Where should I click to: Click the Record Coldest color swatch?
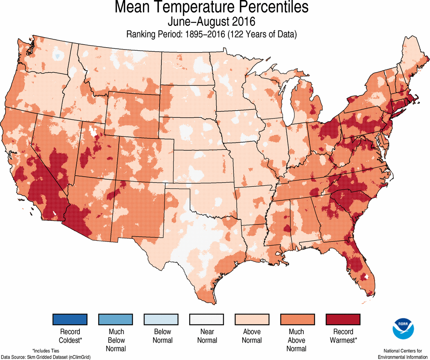[70, 319]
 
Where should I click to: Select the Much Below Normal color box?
[115, 319]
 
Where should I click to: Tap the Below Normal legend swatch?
[161, 319]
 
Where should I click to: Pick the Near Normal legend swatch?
[207, 319]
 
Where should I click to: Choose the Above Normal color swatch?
[252, 319]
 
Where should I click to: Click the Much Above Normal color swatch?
[298, 319]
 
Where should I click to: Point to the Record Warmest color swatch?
[343, 319]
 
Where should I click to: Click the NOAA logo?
[403, 329]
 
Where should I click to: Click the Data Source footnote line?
[46, 357]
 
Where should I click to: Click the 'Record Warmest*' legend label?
[343, 336]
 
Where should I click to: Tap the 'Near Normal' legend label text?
[207, 336]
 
